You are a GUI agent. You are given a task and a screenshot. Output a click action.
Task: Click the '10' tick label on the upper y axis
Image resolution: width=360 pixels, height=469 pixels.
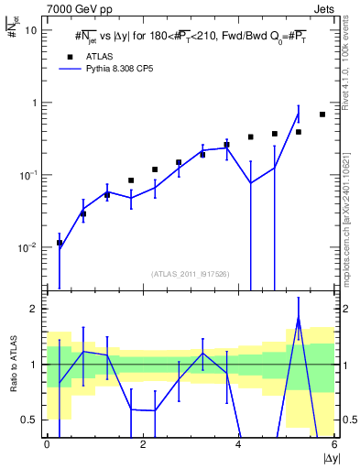[x=31, y=29]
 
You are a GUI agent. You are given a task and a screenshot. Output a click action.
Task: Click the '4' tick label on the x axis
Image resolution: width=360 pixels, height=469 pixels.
[x=238, y=445]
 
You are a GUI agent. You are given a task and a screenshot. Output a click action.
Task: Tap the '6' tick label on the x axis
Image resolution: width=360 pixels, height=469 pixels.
[x=333, y=445]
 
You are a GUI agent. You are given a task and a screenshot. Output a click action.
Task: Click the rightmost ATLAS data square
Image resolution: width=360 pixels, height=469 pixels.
[x=322, y=115]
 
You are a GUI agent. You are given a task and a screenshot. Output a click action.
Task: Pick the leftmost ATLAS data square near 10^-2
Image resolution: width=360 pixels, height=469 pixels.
[x=60, y=243]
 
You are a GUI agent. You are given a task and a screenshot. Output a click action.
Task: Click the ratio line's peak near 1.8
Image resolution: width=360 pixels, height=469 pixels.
[x=299, y=318]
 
